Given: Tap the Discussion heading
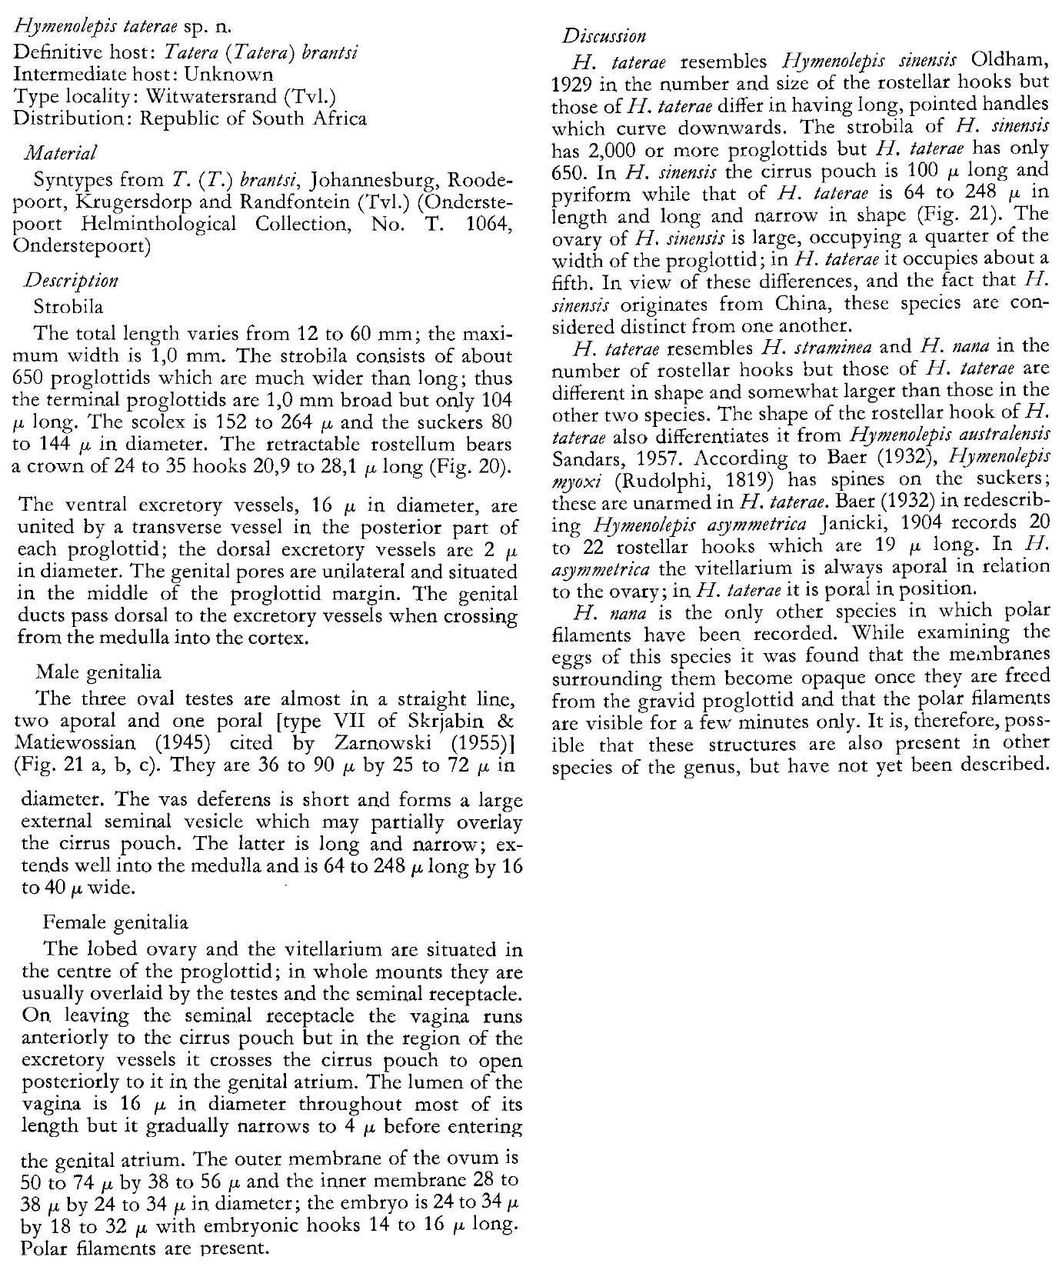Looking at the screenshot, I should [604, 35].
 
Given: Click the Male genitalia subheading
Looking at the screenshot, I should [99, 672].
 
